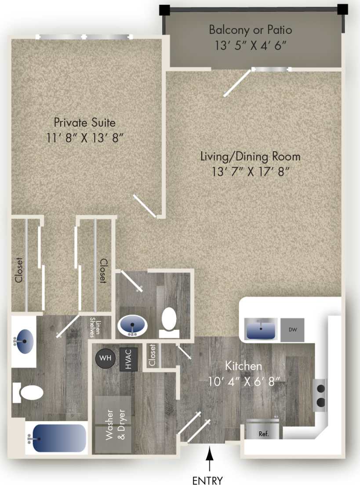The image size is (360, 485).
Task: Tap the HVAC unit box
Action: coord(129,360)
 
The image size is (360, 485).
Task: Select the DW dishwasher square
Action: coord(292,329)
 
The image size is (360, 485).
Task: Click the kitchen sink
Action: coord(261,329)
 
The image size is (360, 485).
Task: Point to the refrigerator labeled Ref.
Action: coord(263,430)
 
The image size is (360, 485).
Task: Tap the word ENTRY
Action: coord(207,480)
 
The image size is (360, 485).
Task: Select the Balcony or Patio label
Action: coord(251,30)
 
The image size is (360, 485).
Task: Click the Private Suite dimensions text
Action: coord(85,138)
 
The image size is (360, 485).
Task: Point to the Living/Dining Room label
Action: coord(251,156)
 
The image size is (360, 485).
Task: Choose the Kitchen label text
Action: coord(244,365)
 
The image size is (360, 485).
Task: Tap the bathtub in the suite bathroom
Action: coord(56,438)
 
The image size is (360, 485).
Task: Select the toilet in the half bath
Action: coord(168,321)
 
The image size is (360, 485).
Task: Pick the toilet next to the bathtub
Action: coord(31,392)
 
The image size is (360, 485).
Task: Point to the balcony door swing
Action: coord(237,83)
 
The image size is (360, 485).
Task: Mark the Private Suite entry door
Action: coord(145,206)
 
